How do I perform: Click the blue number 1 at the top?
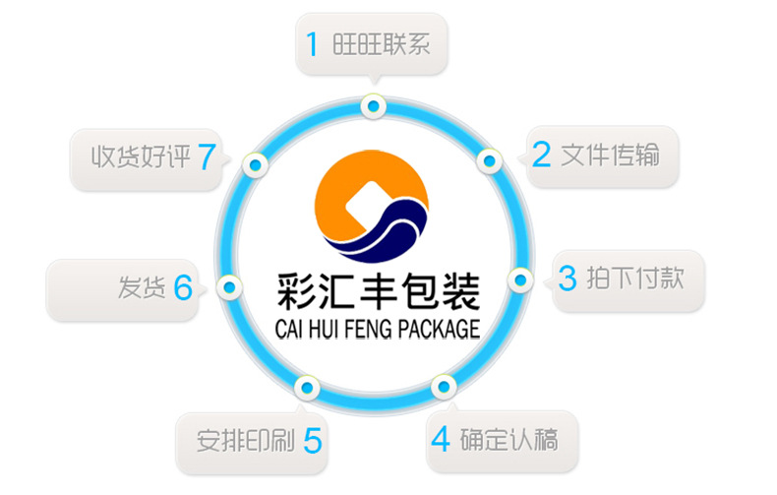[313, 44]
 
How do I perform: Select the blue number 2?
[541, 155]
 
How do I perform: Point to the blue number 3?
[568, 278]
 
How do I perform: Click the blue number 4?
[441, 437]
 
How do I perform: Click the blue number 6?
[182, 287]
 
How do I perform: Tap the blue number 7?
[206, 155]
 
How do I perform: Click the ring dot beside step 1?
[371, 105]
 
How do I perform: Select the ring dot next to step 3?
[520, 279]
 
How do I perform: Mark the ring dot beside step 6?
[229, 287]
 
